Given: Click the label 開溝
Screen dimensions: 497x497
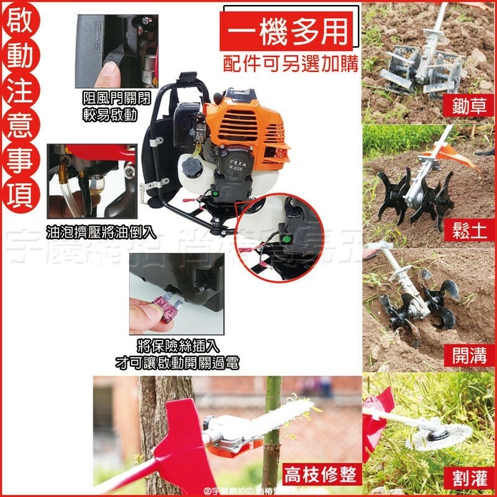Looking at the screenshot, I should coord(470,355).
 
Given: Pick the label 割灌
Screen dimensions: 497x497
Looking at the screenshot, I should coord(470,479).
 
